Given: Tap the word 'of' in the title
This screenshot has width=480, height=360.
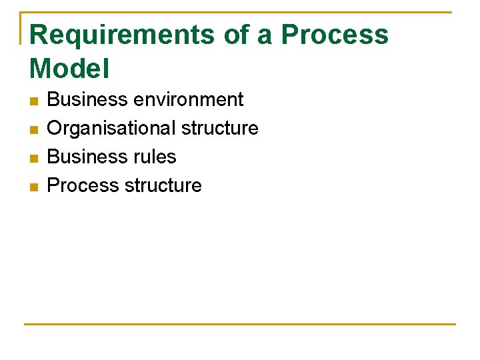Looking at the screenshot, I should (236, 35).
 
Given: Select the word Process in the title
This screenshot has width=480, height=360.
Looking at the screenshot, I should (335, 35).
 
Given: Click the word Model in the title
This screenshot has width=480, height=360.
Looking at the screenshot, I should (70, 68).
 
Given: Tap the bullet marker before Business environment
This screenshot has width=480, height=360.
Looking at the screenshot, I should (34, 101).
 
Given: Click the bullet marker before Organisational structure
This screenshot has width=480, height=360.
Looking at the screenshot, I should (34, 129).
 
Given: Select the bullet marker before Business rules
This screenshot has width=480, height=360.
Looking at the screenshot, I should (34, 158).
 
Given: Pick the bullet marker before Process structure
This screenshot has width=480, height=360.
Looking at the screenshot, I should (34, 187).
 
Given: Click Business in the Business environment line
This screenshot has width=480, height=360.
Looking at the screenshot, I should (87, 100).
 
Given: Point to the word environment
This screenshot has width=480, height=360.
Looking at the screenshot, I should (189, 100).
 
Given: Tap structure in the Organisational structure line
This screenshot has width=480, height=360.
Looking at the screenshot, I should (220, 128).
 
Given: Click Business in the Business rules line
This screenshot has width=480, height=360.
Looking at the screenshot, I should (87, 157).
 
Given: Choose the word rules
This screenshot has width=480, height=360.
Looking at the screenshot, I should (155, 157).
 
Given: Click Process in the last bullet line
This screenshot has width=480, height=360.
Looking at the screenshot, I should (83, 185).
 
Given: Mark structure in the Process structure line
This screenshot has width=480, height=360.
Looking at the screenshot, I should (163, 185).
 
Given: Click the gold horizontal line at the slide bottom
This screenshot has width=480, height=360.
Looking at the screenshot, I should (240, 325).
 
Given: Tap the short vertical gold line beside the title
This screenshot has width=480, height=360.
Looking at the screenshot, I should (22, 28).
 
